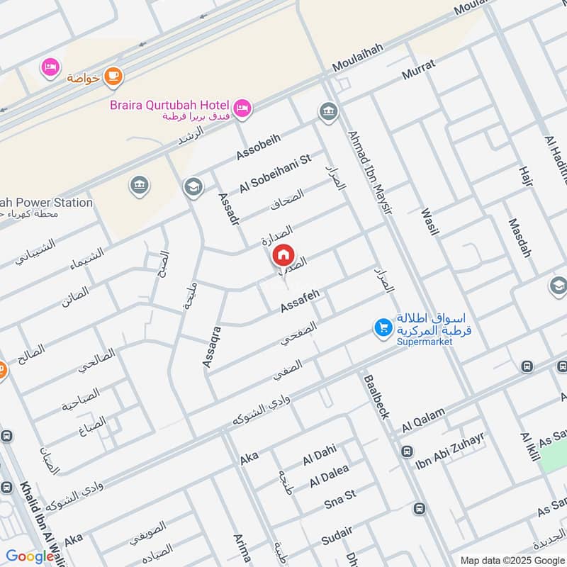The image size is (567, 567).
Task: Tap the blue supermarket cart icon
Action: (x=383, y=327)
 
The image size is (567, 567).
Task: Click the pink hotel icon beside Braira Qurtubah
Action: (x=243, y=108)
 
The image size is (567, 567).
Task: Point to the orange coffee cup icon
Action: (x=113, y=76)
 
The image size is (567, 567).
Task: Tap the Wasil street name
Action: (x=430, y=222)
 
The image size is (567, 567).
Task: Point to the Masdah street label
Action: (x=520, y=237)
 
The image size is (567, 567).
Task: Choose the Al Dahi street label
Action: (x=319, y=455)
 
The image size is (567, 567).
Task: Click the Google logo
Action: (x=30, y=556)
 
